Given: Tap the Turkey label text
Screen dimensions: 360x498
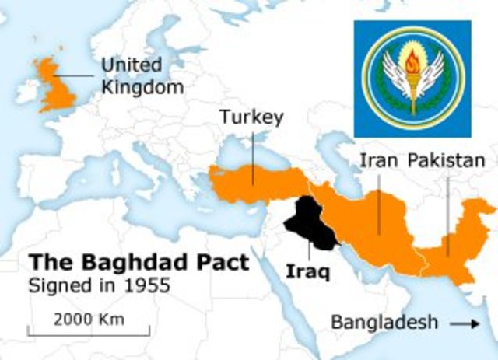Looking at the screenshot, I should (x=251, y=117).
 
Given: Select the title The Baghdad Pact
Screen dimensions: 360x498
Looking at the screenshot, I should (x=139, y=261).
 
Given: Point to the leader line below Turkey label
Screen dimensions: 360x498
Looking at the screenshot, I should (x=252, y=156).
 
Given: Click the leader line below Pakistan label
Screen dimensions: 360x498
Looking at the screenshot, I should (x=447, y=210).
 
